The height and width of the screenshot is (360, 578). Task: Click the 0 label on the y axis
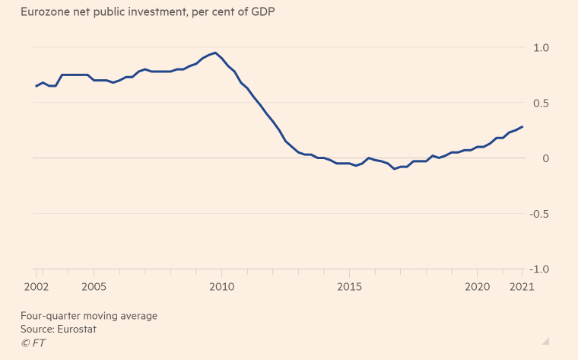pyautogui.click(x=543, y=158)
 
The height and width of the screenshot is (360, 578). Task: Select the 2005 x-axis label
pyautogui.click(x=94, y=287)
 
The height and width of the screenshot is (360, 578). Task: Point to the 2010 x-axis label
pyautogui.click(x=221, y=287)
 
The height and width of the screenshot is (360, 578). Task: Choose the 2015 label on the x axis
pyautogui.click(x=349, y=287)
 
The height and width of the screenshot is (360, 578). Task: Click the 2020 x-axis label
pyautogui.click(x=477, y=287)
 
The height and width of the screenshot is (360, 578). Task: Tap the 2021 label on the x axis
pyautogui.click(x=522, y=287)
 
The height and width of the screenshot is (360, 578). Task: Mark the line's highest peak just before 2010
pyautogui.click(x=215, y=53)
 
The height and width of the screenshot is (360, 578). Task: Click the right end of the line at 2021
pyautogui.click(x=522, y=126)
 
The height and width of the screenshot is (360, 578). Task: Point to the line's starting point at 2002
pyautogui.click(x=37, y=86)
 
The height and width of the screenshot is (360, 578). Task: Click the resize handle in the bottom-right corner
pyautogui.click(x=545, y=341)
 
